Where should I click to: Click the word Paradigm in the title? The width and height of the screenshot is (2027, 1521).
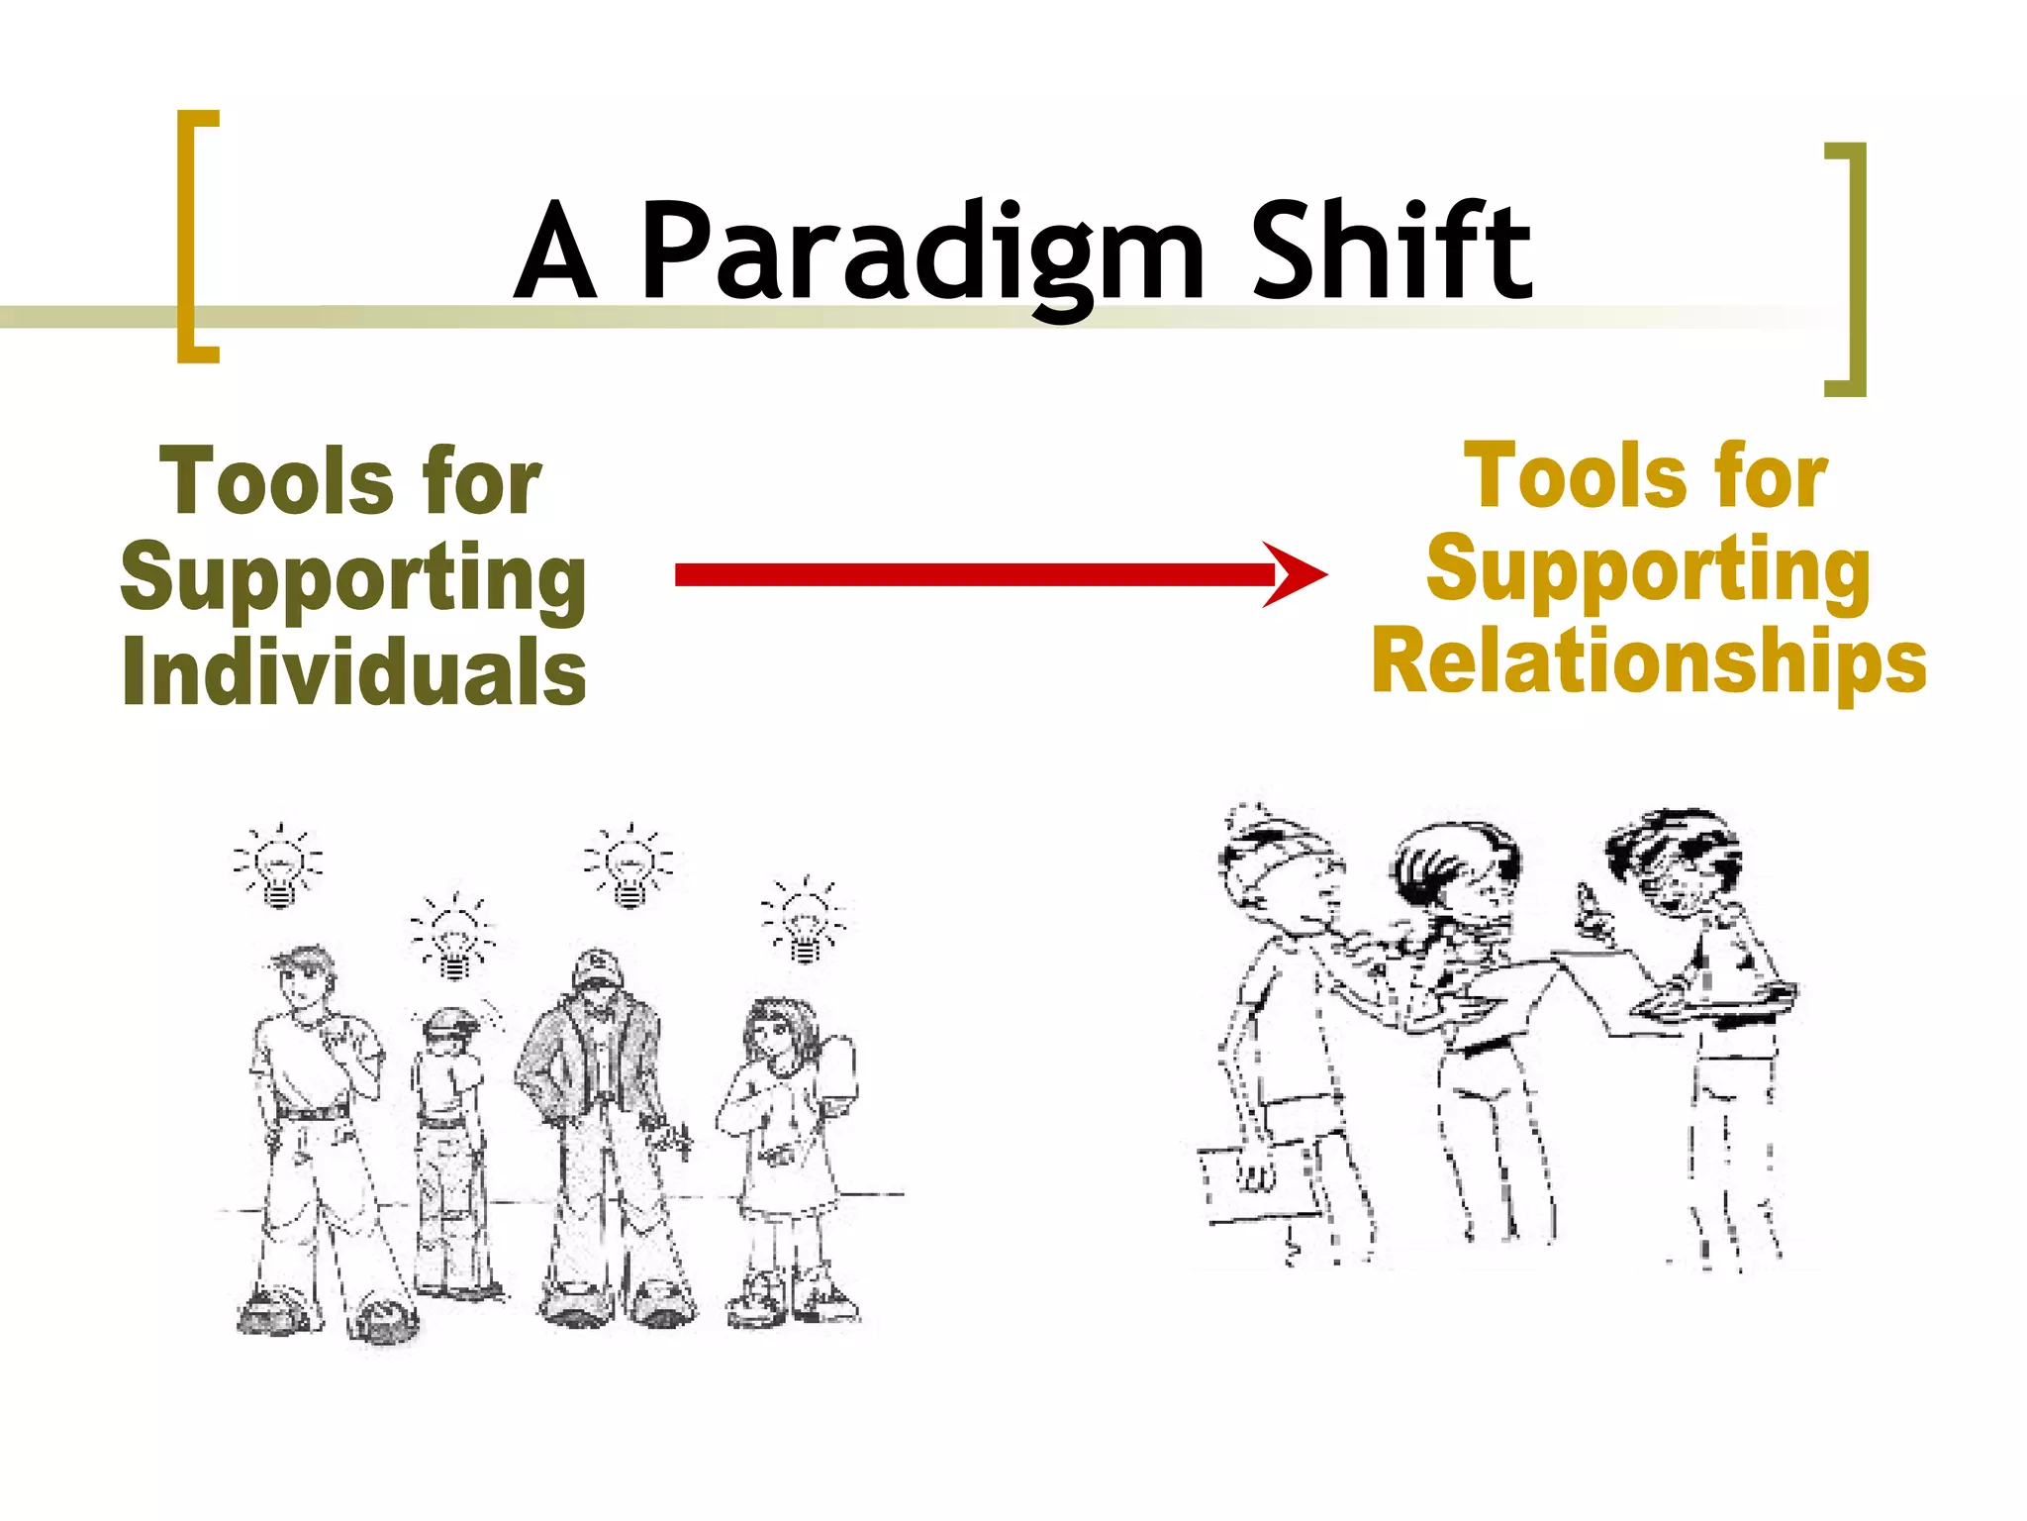click(x=920, y=253)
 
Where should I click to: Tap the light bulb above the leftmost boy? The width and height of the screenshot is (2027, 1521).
click(x=279, y=867)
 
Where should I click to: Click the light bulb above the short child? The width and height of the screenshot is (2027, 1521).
click(x=453, y=939)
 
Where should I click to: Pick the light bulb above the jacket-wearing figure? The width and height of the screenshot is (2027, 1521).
click(x=629, y=865)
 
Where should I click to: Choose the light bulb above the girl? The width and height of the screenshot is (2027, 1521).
click(x=804, y=921)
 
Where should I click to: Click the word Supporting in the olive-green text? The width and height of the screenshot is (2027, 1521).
click(x=354, y=578)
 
